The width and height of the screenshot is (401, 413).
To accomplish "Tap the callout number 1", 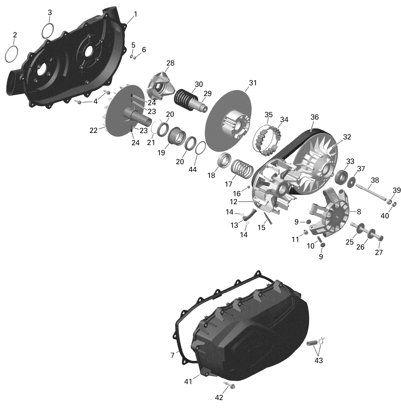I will click(x=135, y=14).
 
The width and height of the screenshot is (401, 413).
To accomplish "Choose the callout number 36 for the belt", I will click(x=314, y=117).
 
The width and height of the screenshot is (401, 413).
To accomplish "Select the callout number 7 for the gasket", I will click(x=172, y=355).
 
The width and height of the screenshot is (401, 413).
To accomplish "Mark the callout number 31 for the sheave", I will click(x=253, y=83).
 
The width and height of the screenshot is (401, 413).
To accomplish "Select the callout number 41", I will click(x=188, y=381).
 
